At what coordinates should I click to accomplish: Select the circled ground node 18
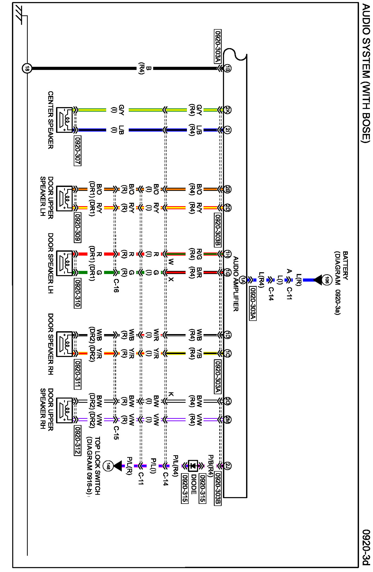27,68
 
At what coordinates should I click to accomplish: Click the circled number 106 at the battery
327,280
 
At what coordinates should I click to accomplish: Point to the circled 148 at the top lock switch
108,466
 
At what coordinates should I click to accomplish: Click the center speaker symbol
65,120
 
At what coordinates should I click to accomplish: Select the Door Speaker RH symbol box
65,344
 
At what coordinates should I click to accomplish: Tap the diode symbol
193,466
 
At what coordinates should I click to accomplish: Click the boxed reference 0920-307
77,150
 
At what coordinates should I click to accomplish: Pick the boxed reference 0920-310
77,293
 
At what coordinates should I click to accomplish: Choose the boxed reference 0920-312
77,440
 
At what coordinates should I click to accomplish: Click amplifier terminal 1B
227,68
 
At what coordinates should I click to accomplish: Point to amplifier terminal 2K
227,110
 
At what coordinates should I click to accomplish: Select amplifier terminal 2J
227,466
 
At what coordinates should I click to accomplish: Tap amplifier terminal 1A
243,280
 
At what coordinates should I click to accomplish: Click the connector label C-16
116,285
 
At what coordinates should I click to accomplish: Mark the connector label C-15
116,433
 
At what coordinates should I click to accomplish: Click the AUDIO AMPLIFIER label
236,284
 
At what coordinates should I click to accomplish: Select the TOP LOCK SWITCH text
97,466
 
